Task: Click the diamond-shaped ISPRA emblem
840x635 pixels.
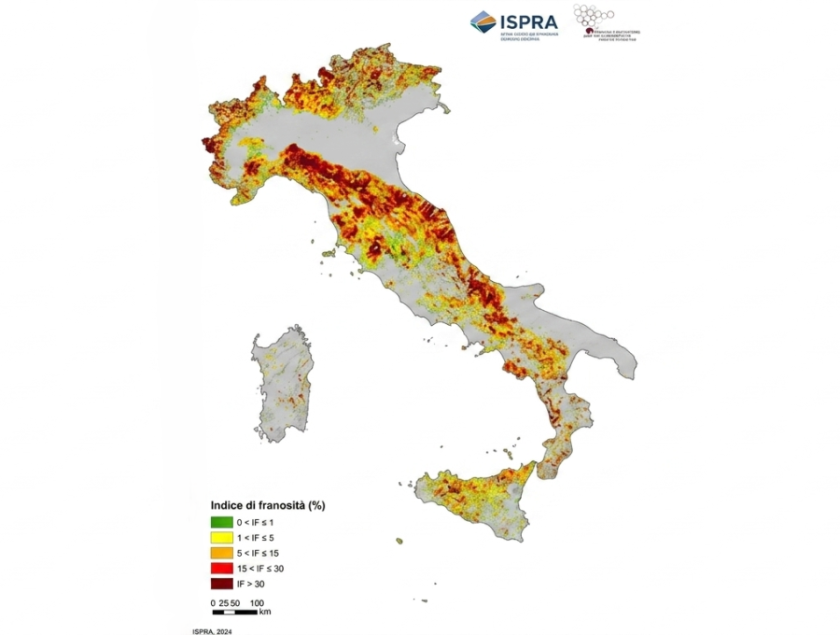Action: [x=483, y=21]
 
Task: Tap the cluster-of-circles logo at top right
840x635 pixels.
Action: [x=594, y=17]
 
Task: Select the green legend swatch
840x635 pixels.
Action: [x=221, y=522]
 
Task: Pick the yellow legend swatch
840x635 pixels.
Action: [x=221, y=538]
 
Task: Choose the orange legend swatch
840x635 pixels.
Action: [x=221, y=553]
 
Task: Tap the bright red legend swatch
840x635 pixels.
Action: [x=221, y=569]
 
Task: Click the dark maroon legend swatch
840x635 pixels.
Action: [x=221, y=584]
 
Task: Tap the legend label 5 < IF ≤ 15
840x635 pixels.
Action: [x=264, y=553]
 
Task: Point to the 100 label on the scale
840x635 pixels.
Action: [x=257, y=602]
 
